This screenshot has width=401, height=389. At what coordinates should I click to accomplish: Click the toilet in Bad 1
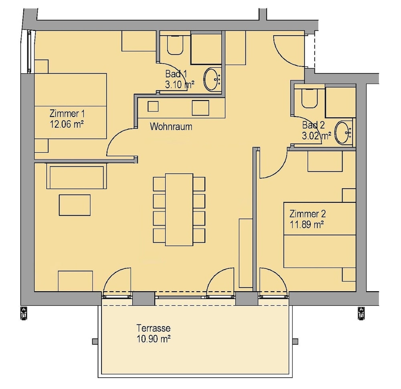coord(175,45)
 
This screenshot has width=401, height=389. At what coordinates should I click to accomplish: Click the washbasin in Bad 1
coord(212,79)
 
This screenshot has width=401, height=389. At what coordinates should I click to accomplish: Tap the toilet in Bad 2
coord(310,99)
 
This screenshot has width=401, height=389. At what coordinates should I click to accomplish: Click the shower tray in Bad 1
coord(206,49)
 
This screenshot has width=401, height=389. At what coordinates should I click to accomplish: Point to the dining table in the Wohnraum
coord(179,210)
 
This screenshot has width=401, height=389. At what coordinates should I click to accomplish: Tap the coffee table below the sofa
coord(75,205)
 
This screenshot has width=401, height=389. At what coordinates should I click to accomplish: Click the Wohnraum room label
coord(171,127)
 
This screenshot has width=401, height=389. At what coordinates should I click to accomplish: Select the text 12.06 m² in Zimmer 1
coord(67,125)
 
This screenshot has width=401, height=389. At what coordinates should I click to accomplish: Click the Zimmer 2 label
coord(308,214)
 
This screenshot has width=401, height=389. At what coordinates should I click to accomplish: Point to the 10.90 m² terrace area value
coord(154,339)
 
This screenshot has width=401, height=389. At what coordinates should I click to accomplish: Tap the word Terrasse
coord(154,328)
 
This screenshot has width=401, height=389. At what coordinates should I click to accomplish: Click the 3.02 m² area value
coord(316,136)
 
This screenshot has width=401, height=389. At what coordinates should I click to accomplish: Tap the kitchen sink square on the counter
coord(153,106)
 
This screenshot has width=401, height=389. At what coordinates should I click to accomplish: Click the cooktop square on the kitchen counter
coord(200,108)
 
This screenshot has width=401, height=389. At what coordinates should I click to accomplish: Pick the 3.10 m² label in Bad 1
coord(180,85)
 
